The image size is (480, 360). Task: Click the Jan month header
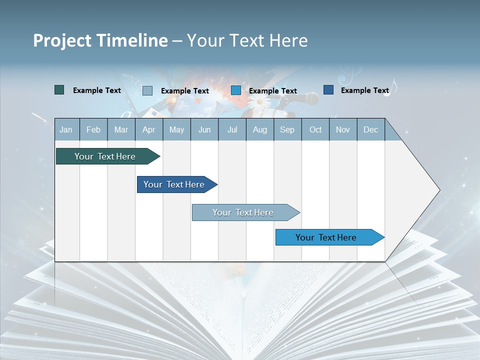(x=66, y=130)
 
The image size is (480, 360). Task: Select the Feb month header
(x=93, y=130)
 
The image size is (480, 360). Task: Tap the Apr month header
(x=148, y=130)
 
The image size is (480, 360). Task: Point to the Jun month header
(x=204, y=130)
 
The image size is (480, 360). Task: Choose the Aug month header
(x=259, y=130)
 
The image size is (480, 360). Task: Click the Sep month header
(x=287, y=130)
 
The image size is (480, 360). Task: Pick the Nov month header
(x=343, y=130)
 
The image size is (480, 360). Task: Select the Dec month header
(x=370, y=130)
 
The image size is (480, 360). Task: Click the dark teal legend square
(x=59, y=90)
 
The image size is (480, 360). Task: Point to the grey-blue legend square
(x=147, y=90)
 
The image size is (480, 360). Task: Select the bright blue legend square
(x=236, y=90)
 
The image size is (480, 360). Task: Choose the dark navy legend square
(x=328, y=90)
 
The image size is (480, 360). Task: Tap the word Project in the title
(x=62, y=40)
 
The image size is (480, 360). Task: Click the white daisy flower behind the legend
(x=259, y=104)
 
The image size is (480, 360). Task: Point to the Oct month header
(x=315, y=130)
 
